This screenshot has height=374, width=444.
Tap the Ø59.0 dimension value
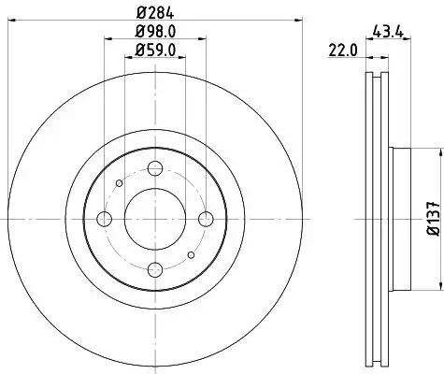tap(155, 50)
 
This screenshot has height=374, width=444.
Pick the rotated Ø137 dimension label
tap(433, 218)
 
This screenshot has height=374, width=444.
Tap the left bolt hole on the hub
tap(104, 218)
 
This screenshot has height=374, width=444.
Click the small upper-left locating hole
tap(119, 182)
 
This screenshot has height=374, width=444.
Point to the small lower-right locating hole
tap(192, 254)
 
